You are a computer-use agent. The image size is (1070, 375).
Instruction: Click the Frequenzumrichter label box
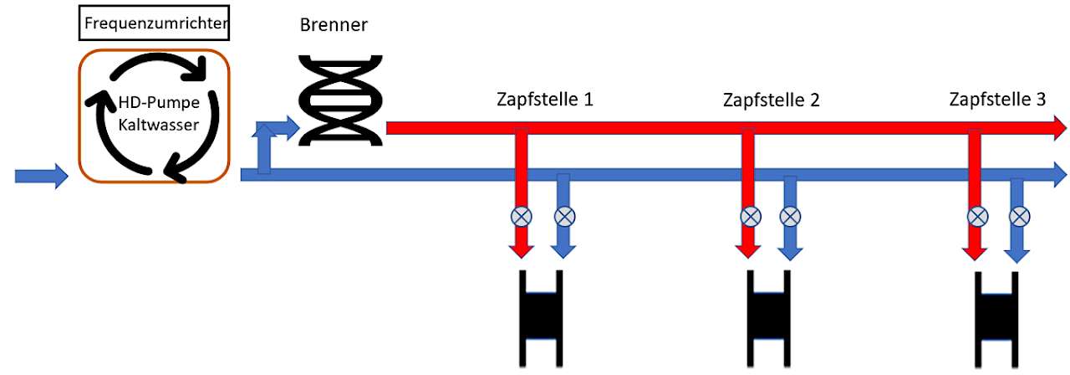coord(154,23)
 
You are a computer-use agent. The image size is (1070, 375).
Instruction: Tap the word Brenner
coord(334,25)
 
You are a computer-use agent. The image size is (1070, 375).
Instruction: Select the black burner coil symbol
coord(340,100)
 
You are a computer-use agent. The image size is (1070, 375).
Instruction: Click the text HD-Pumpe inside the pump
coord(159,102)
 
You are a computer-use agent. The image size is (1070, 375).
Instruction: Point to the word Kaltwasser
coord(159,125)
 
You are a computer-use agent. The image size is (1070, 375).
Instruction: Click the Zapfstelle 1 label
coord(545,100)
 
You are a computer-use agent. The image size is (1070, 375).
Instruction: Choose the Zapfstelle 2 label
coord(772,100)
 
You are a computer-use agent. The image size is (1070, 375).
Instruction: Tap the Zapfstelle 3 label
coord(997,100)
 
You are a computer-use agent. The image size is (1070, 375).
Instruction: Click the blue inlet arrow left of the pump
coord(42,176)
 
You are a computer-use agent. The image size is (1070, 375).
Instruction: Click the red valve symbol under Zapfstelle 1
coord(521,217)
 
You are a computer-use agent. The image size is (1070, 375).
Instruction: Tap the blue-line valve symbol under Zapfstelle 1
coord(564,217)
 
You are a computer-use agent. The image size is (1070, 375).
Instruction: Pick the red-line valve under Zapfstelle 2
coord(751,217)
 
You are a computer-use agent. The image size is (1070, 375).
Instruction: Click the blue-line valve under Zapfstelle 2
coord(790,217)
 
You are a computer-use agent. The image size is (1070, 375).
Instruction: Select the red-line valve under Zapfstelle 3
coord(978,217)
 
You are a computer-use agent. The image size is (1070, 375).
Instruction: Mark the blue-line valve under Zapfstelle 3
coord(1019,217)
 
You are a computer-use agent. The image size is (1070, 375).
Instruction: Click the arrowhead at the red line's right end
coord(1060,128)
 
